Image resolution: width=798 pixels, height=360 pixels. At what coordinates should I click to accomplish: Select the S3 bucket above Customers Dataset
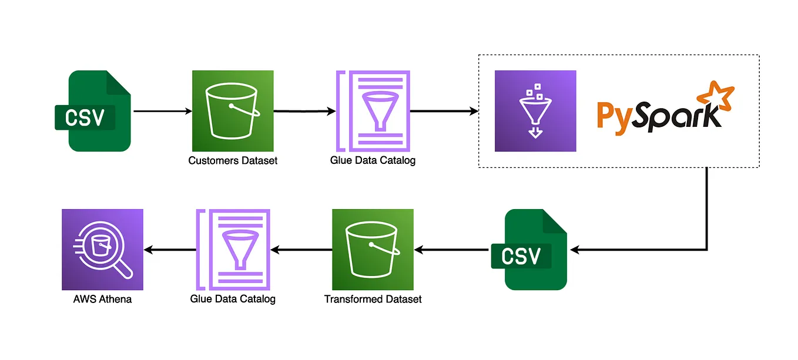pyautogui.click(x=233, y=111)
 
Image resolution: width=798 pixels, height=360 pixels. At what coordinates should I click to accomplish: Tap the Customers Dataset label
pyautogui.click(x=233, y=160)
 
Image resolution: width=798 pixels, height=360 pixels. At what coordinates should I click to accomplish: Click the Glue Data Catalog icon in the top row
pyautogui.click(x=372, y=111)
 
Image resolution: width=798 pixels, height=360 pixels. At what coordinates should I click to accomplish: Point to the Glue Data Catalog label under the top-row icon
pyautogui.click(x=373, y=160)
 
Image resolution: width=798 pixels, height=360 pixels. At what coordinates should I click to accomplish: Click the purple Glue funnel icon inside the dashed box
pyautogui.click(x=535, y=111)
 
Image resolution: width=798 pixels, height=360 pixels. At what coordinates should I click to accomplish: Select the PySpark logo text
pyautogui.click(x=658, y=115)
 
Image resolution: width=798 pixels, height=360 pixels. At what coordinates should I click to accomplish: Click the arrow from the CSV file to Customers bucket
pyautogui.click(x=163, y=111)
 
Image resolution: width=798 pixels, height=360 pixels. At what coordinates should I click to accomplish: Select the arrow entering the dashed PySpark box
pyautogui.click(x=444, y=111)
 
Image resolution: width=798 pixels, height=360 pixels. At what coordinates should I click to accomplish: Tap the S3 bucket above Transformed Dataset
pyautogui.click(x=373, y=250)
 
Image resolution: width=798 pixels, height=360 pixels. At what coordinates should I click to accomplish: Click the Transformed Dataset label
pyautogui.click(x=373, y=300)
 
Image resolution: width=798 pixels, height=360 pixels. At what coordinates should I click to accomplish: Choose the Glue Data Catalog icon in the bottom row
pyautogui.click(x=233, y=250)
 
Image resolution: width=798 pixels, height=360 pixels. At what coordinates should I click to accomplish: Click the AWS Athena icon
pyautogui.click(x=102, y=250)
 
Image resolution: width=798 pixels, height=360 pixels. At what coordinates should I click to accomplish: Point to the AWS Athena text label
pyautogui.click(x=102, y=300)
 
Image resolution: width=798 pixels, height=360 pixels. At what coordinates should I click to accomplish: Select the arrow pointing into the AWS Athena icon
pyautogui.click(x=170, y=250)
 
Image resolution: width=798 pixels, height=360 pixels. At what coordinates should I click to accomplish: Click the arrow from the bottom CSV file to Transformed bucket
pyautogui.click(x=451, y=250)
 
